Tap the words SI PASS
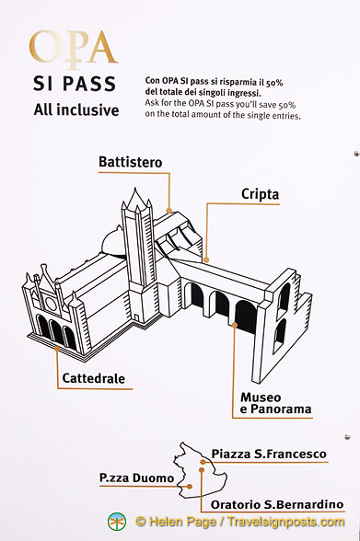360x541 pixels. pos(75,84)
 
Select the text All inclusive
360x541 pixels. pos(76,110)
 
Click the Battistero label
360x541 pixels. pos(130,162)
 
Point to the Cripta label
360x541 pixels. pos(260,194)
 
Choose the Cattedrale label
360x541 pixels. pos(94,378)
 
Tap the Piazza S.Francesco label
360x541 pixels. pos(269,454)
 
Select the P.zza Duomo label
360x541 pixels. pos(136,478)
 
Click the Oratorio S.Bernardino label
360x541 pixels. pos(277,505)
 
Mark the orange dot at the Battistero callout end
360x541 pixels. pos(168,210)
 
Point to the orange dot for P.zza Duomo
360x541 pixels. pos(190,487)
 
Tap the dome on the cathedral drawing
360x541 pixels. pos(112,241)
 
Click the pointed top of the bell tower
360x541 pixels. pos(135,189)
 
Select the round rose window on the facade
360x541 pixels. pos(51,304)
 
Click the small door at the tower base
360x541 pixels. pos(137,317)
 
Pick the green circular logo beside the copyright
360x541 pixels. pos(117,522)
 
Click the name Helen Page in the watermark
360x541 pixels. pos(183,522)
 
